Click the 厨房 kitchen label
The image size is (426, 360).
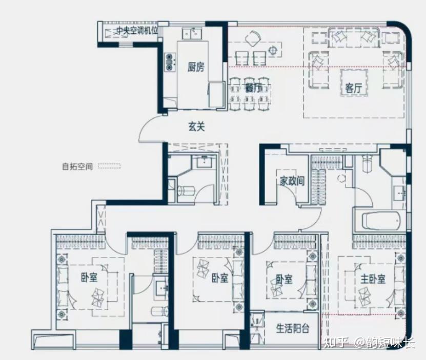point(196,67)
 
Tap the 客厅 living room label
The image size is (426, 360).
point(353,88)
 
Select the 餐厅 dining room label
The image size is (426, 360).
point(253,88)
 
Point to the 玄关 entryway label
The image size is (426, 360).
point(196,126)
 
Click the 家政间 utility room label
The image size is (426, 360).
point(292,181)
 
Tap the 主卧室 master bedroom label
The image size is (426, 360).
point(373,279)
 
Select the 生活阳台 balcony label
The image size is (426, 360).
point(293,328)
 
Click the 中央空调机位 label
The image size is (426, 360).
point(137,31)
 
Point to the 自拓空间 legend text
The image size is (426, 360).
point(77,166)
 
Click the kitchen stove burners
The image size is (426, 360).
point(170,62)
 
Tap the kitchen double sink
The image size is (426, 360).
point(192,34)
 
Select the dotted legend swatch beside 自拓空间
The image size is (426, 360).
point(109,166)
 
